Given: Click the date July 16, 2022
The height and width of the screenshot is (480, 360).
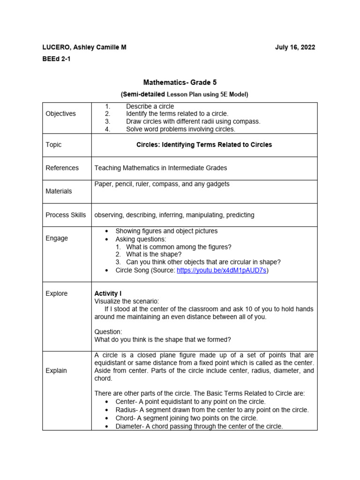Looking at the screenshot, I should click(295, 47).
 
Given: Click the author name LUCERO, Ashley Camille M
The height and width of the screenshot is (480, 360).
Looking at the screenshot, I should click(84, 47).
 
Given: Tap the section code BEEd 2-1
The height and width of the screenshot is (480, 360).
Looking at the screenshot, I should click(57, 60).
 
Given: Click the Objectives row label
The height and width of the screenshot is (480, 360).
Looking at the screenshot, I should click(60, 114).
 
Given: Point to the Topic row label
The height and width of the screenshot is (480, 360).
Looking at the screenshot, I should click(53, 145).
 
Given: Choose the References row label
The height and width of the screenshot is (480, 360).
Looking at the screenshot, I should click(62, 168).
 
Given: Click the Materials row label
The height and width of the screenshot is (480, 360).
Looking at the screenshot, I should click(59, 191).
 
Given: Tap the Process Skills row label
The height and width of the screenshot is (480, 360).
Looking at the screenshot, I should click(66, 215).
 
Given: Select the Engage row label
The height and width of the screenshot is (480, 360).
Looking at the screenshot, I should click(57, 238).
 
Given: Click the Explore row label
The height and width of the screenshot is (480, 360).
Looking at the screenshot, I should click(57, 293).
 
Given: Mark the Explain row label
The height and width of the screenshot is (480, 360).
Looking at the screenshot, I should click(56, 370).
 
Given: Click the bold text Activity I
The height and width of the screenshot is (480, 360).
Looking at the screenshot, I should click(108, 293).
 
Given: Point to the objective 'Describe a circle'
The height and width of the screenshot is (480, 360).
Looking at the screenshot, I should click(150, 106).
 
